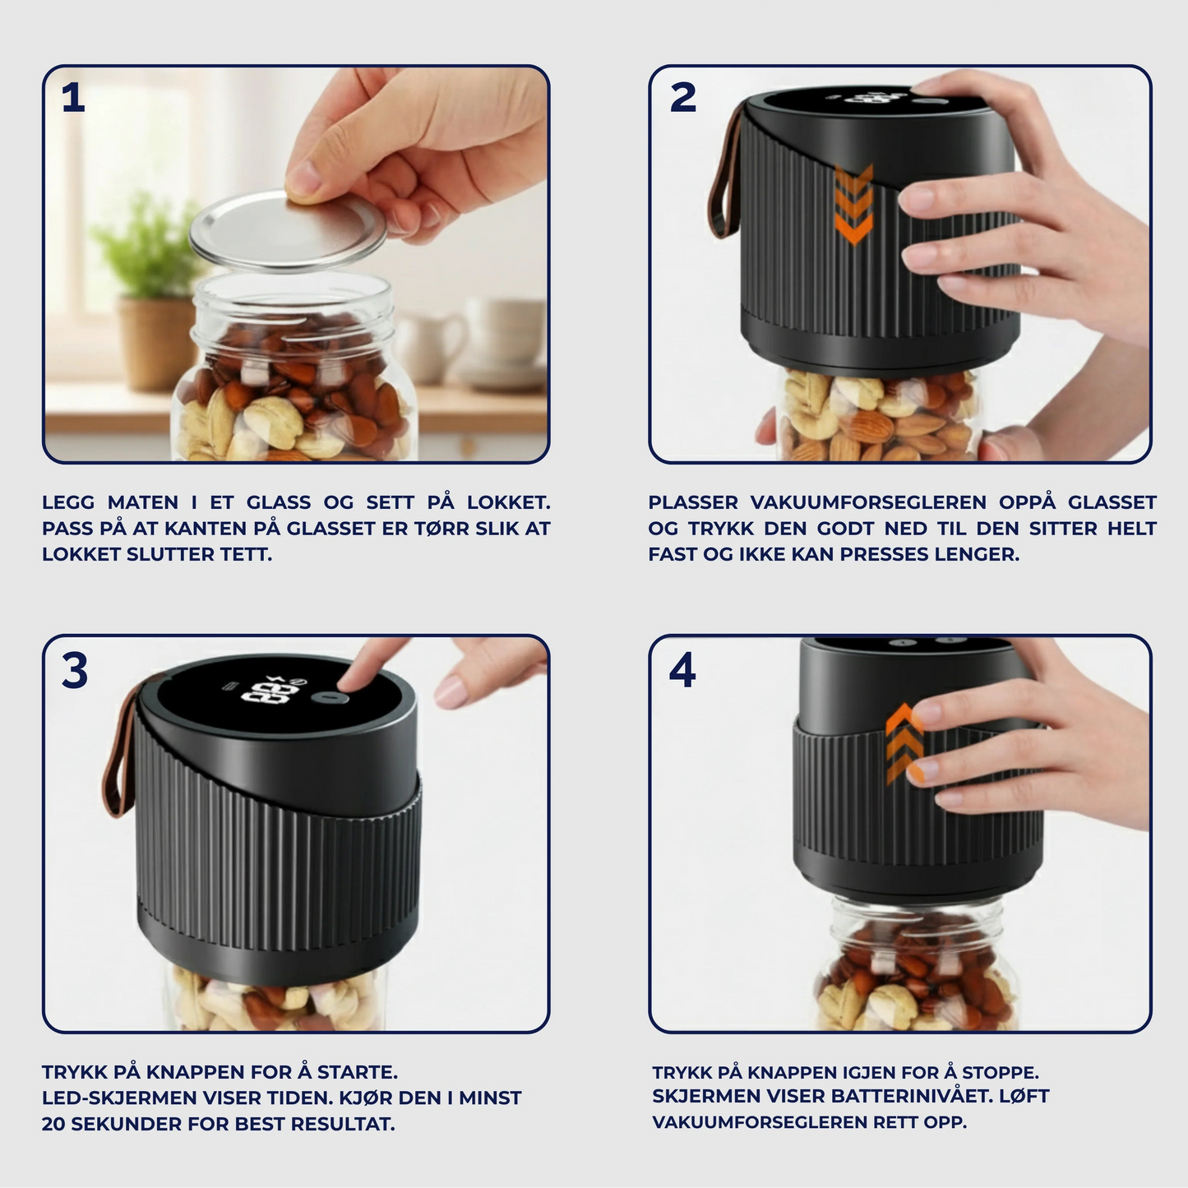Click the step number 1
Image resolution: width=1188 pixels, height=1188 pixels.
click(x=73, y=99)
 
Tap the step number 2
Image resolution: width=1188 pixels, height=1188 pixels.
click(x=682, y=99)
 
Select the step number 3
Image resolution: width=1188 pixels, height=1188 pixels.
click(x=74, y=671)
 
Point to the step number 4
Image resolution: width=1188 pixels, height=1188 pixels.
click(x=682, y=671)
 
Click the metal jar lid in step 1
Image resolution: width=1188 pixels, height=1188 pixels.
click(x=288, y=229)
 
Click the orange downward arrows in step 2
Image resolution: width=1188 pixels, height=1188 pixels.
click(x=853, y=204)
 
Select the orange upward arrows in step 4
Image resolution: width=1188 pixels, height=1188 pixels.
click(x=904, y=744)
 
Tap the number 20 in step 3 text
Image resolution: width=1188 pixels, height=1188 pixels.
click(x=53, y=1124)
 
